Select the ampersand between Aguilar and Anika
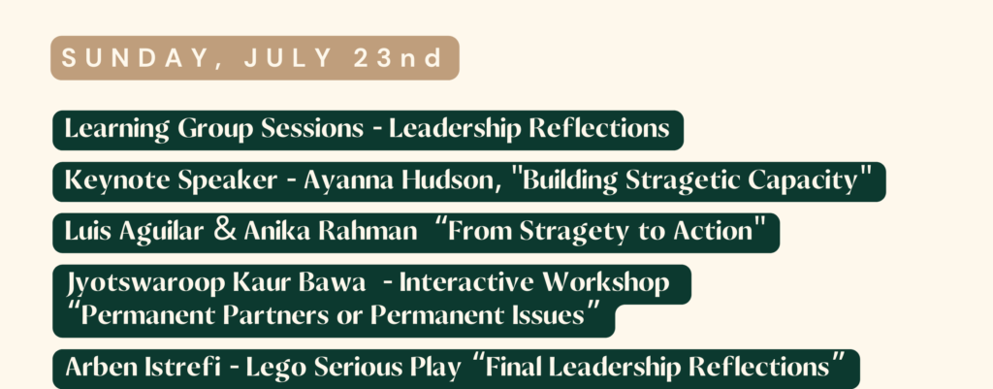[225, 231]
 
